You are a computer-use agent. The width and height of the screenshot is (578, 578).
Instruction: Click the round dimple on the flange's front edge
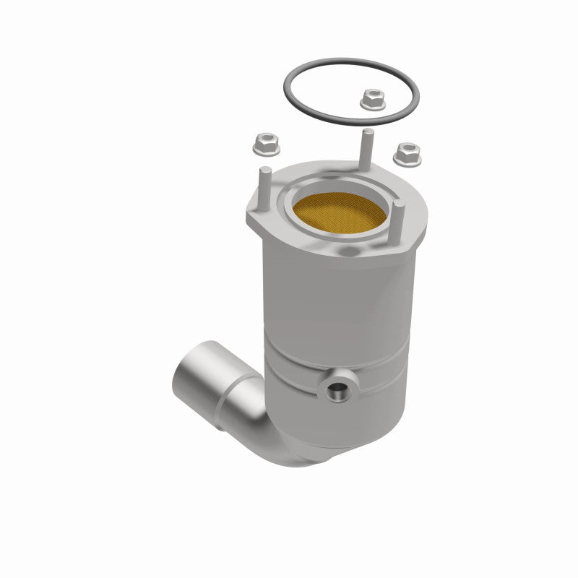click(x=348, y=252)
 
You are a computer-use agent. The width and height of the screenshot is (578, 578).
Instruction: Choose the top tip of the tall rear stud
click(x=367, y=132)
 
